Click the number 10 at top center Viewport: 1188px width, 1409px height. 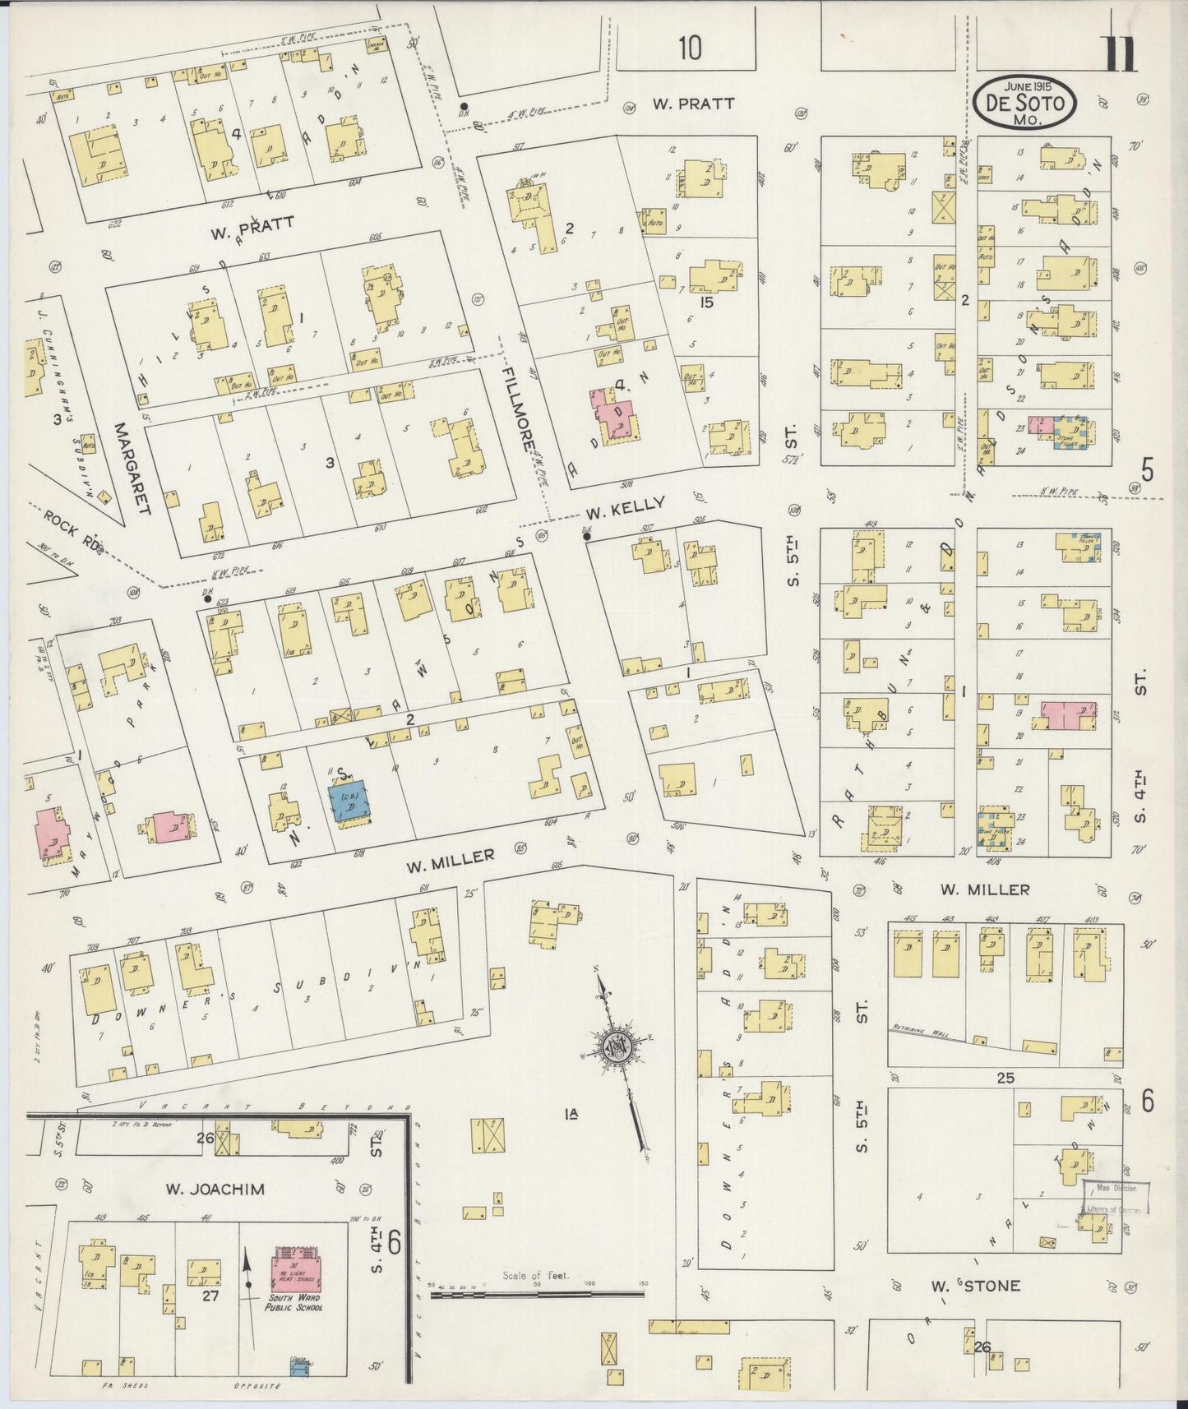[x=689, y=49]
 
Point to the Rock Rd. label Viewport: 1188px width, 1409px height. [x=73, y=534]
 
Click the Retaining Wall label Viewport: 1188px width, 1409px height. [x=919, y=1030]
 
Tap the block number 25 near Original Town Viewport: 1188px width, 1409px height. [x=1005, y=1077]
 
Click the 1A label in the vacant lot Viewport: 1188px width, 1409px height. [x=571, y=1115]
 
